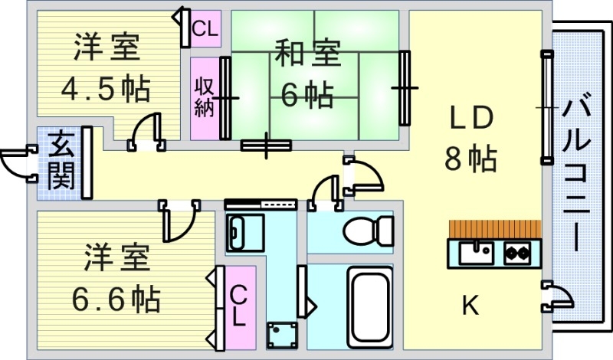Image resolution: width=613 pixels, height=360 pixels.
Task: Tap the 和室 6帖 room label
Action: (306, 75)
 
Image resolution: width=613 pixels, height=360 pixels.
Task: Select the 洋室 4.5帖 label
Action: (107, 69)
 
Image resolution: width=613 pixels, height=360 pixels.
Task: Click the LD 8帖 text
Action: (470, 139)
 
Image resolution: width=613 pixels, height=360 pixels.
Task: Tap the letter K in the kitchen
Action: (470, 307)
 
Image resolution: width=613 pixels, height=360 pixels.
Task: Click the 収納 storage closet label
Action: (203, 98)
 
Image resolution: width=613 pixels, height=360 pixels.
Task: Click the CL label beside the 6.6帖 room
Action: (239, 304)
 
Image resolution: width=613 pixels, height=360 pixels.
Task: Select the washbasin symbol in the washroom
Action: (244, 232)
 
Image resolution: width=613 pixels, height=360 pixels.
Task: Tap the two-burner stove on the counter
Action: (517, 251)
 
